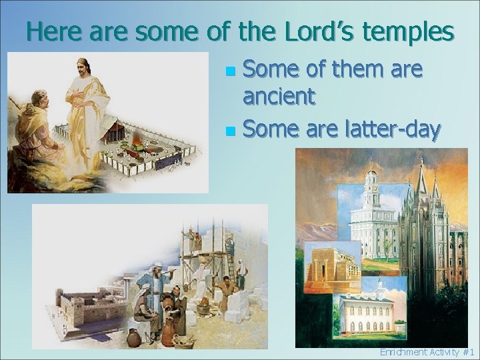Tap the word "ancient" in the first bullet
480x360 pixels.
[278, 97]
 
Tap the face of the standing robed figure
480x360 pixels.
[83, 67]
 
